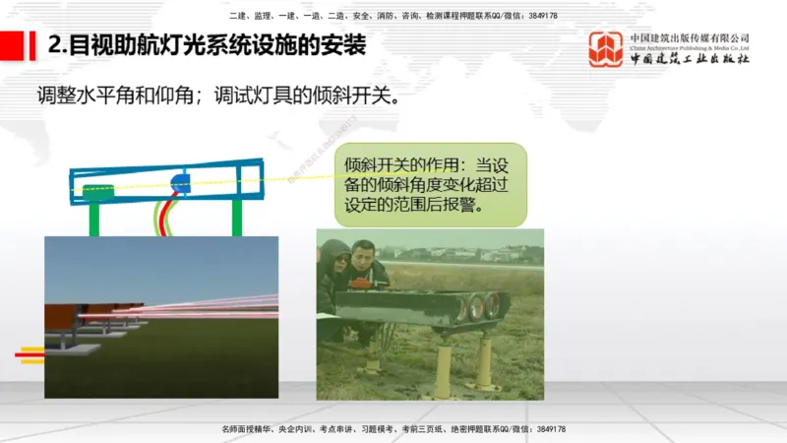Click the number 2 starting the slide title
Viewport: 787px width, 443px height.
[x=54, y=45]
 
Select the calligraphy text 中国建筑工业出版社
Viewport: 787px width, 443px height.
[x=690, y=59]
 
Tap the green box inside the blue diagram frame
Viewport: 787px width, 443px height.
[x=97, y=190]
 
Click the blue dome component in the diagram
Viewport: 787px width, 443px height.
[x=181, y=182]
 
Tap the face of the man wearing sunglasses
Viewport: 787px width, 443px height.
[x=338, y=262]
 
